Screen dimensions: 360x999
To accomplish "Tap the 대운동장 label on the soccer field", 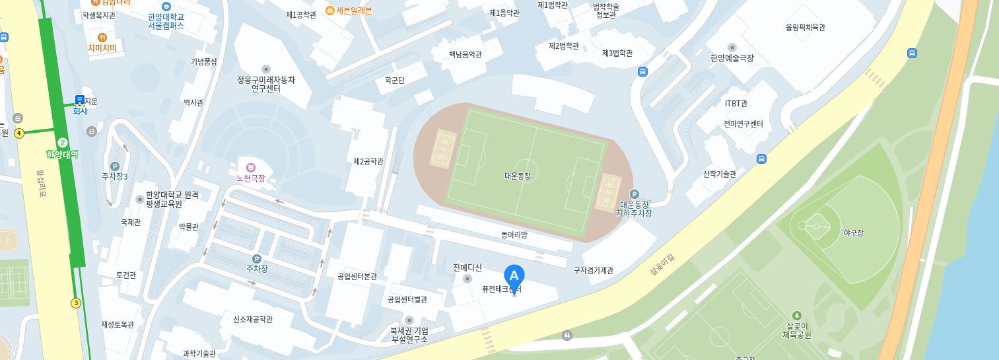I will (x=517, y=176).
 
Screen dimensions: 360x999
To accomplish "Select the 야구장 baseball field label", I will (x=853, y=233).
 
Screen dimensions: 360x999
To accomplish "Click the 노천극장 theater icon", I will (x=250, y=167).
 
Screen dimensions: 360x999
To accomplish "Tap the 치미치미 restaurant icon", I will (x=102, y=37).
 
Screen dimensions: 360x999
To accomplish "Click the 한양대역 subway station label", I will (x=62, y=154).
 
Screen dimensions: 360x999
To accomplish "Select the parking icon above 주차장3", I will (x=114, y=166).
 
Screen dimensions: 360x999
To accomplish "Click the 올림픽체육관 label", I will (x=805, y=28).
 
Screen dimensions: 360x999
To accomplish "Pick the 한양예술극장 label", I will (x=732, y=58).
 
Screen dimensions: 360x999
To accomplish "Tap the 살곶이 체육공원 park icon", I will (x=796, y=316).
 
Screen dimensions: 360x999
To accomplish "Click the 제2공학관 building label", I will (x=368, y=161).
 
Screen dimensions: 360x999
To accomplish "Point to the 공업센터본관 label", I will (x=357, y=276).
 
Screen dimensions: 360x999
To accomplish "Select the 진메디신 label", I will (x=467, y=268).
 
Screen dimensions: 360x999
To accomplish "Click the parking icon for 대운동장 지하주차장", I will (x=635, y=194).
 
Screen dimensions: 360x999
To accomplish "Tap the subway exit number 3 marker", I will (x=76, y=303).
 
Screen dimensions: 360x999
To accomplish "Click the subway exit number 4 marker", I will (x=19, y=133).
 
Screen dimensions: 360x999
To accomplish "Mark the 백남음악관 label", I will (x=465, y=54).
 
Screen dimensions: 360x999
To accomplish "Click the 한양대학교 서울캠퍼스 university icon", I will (x=166, y=6).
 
